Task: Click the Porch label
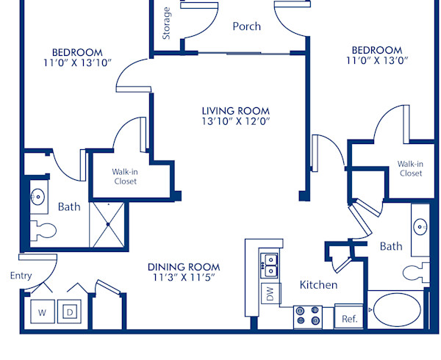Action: tap(246, 26)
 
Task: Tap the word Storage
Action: tap(167, 24)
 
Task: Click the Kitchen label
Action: tap(318, 284)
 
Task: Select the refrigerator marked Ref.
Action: tap(349, 318)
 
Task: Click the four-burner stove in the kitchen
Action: tap(307, 316)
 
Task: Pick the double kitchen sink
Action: tap(270, 264)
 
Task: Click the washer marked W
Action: tap(42, 312)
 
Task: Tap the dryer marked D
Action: tap(70, 312)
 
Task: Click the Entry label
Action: tap(21, 276)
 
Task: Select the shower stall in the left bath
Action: tap(108, 223)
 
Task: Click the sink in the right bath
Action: tap(420, 226)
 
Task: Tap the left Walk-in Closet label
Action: tap(124, 176)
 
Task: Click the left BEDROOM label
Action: tap(76, 51)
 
